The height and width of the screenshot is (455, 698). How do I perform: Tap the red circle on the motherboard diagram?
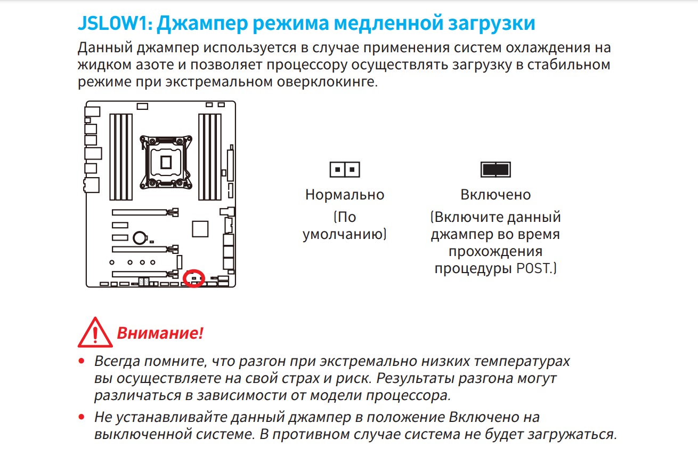pyautogui.click(x=193, y=278)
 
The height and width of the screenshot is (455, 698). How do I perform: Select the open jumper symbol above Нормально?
pyautogui.click(x=345, y=170)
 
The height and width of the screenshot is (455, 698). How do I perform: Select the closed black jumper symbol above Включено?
pyautogui.click(x=496, y=170)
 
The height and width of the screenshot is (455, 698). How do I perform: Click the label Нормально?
pyautogui.click(x=345, y=195)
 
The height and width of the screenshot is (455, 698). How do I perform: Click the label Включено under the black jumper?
pyautogui.click(x=496, y=195)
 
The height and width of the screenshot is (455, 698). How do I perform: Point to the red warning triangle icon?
pyautogui.click(x=95, y=332)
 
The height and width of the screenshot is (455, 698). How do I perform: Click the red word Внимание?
pyautogui.click(x=160, y=333)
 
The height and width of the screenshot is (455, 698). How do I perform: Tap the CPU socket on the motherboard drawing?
pyautogui.click(x=166, y=162)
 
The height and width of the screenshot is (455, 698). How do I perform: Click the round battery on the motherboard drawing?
pyautogui.click(x=140, y=238)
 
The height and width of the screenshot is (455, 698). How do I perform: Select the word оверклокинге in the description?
pyautogui.click(x=327, y=82)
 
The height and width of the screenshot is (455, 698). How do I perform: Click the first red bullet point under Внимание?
pyautogui.click(x=82, y=362)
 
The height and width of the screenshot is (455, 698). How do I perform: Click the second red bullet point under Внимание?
pyautogui.click(x=82, y=417)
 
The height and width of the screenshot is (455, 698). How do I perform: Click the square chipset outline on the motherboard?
pyautogui.click(x=200, y=229)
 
